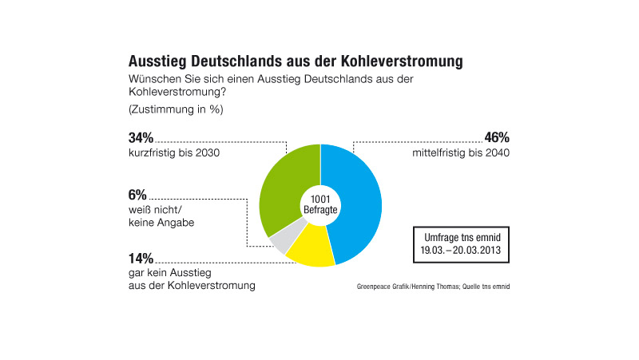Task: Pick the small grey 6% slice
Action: pos(281,239)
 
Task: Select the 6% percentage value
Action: pos(137,195)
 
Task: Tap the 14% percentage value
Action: pos(141,258)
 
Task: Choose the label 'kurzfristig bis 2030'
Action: pos(173,152)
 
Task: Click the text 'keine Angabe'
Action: pos(161,223)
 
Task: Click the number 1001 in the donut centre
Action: pos(320,198)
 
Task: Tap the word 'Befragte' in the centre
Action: pos(320,209)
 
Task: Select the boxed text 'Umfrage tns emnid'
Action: pos(461,236)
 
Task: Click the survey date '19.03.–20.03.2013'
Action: pos(461,249)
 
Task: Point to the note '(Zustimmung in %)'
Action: pos(174,109)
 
